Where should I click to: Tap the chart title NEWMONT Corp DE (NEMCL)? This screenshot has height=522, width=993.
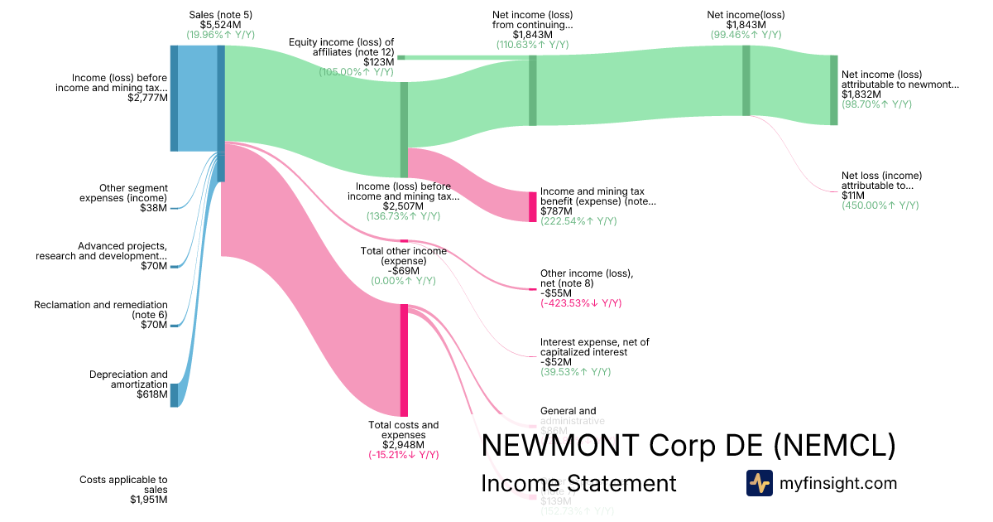coord(688,446)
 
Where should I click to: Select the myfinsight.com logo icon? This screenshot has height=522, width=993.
coord(759,483)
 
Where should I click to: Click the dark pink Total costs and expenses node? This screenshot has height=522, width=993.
coord(404,360)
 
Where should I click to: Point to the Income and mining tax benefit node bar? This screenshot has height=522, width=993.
coord(533,206)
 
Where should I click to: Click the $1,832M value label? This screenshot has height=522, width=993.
coord(861,94)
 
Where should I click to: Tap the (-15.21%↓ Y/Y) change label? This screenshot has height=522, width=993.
coord(404,455)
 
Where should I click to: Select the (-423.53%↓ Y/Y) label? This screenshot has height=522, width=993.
coord(581,303)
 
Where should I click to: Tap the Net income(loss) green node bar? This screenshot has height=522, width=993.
coord(746,80)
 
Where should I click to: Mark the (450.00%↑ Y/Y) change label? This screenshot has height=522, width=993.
coord(880,205)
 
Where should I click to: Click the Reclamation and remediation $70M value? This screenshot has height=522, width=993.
coord(154,325)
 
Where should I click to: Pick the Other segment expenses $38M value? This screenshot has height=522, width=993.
coord(154,208)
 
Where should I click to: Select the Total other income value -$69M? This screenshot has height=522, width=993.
coord(403,271)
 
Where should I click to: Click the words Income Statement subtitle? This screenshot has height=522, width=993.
coord(578,483)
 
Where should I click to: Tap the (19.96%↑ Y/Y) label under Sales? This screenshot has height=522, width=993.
coord(220,35)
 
